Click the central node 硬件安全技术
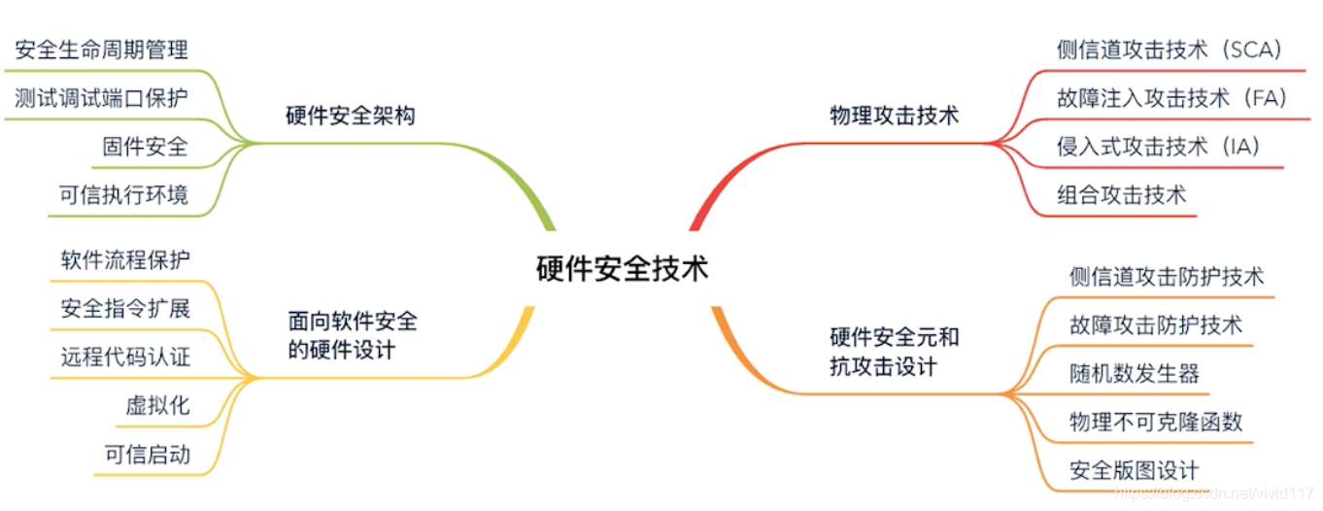pos(623,268)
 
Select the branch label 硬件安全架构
pos(351,116)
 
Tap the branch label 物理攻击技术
pos(894,116)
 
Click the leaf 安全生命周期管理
pos(102,49)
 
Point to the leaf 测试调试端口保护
pos(102,98)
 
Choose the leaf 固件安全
pos(145,147)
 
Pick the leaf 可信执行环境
pos(123,195)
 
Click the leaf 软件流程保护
pos(125,259)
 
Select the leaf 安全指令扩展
pos(125,309)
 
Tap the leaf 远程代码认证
pos(125,358)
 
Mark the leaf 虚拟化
pos(157,406)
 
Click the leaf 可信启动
pos(147,455)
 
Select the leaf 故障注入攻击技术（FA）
pos(1171,98)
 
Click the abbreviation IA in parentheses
pos(1243,147)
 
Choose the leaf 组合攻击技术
pos(1121,194)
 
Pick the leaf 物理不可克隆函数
pos(1155,422)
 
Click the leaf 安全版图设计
pos(1134,470)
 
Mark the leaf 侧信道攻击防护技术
pos(1166,276)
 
